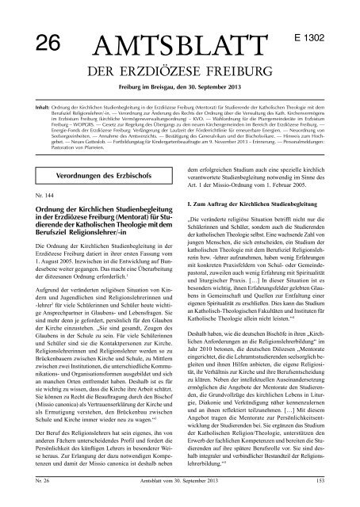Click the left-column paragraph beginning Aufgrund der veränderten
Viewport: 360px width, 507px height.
[x=94, y=380]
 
